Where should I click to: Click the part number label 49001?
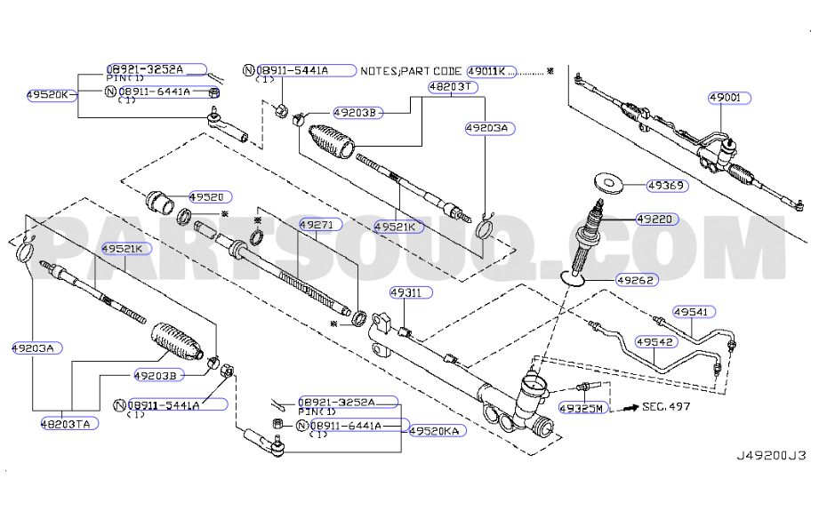(x=729, y=98)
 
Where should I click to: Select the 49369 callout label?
(x=667, y=186)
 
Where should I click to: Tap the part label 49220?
(x=657, y=220)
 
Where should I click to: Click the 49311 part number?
(x=411, y=292)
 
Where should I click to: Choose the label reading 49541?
(x=694, y=312)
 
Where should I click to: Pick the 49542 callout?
(x=656, y=342)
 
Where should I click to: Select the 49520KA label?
(x=438, y=431)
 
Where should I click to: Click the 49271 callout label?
(x=320, y=225)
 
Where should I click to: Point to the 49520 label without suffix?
(x=210, y=196)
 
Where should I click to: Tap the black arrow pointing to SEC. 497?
(x=631, y=407)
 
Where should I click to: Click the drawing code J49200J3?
(x=771, y=455)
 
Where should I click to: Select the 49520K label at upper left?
(x=52, y=95)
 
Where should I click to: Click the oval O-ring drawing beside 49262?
(x=572, y=280)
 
